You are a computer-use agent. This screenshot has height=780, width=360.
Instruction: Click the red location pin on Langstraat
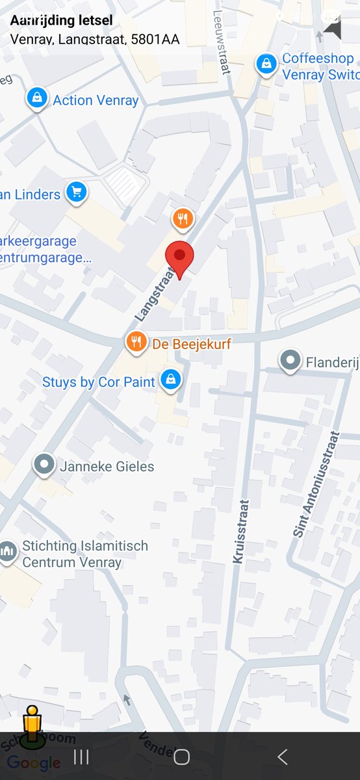[x=179, y=256]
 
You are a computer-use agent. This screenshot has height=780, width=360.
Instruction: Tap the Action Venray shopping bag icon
[x=38, y=99]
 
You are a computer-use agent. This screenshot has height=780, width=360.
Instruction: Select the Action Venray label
[x=96, y=100]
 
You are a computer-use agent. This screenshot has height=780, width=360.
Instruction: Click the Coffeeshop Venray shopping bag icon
[x=265, y=64]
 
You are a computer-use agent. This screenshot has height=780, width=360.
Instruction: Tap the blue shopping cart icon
[x=77, y=192]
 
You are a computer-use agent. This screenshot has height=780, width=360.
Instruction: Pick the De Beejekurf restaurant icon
[x=136, y=341]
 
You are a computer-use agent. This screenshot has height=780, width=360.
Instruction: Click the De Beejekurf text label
[x=192, y=343]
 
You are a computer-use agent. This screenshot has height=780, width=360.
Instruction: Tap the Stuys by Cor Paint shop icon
[x=170, y=380]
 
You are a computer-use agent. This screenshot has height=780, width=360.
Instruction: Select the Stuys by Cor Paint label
[x=99, y=382]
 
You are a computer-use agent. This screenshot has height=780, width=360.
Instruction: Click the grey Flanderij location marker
[x=290, y=360]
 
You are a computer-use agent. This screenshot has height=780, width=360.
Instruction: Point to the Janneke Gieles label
[x=107, y=466]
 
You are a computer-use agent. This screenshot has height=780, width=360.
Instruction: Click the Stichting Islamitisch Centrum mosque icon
[x=8, y=552]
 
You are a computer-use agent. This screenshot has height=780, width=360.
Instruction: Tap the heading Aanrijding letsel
[x=61, y=21]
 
